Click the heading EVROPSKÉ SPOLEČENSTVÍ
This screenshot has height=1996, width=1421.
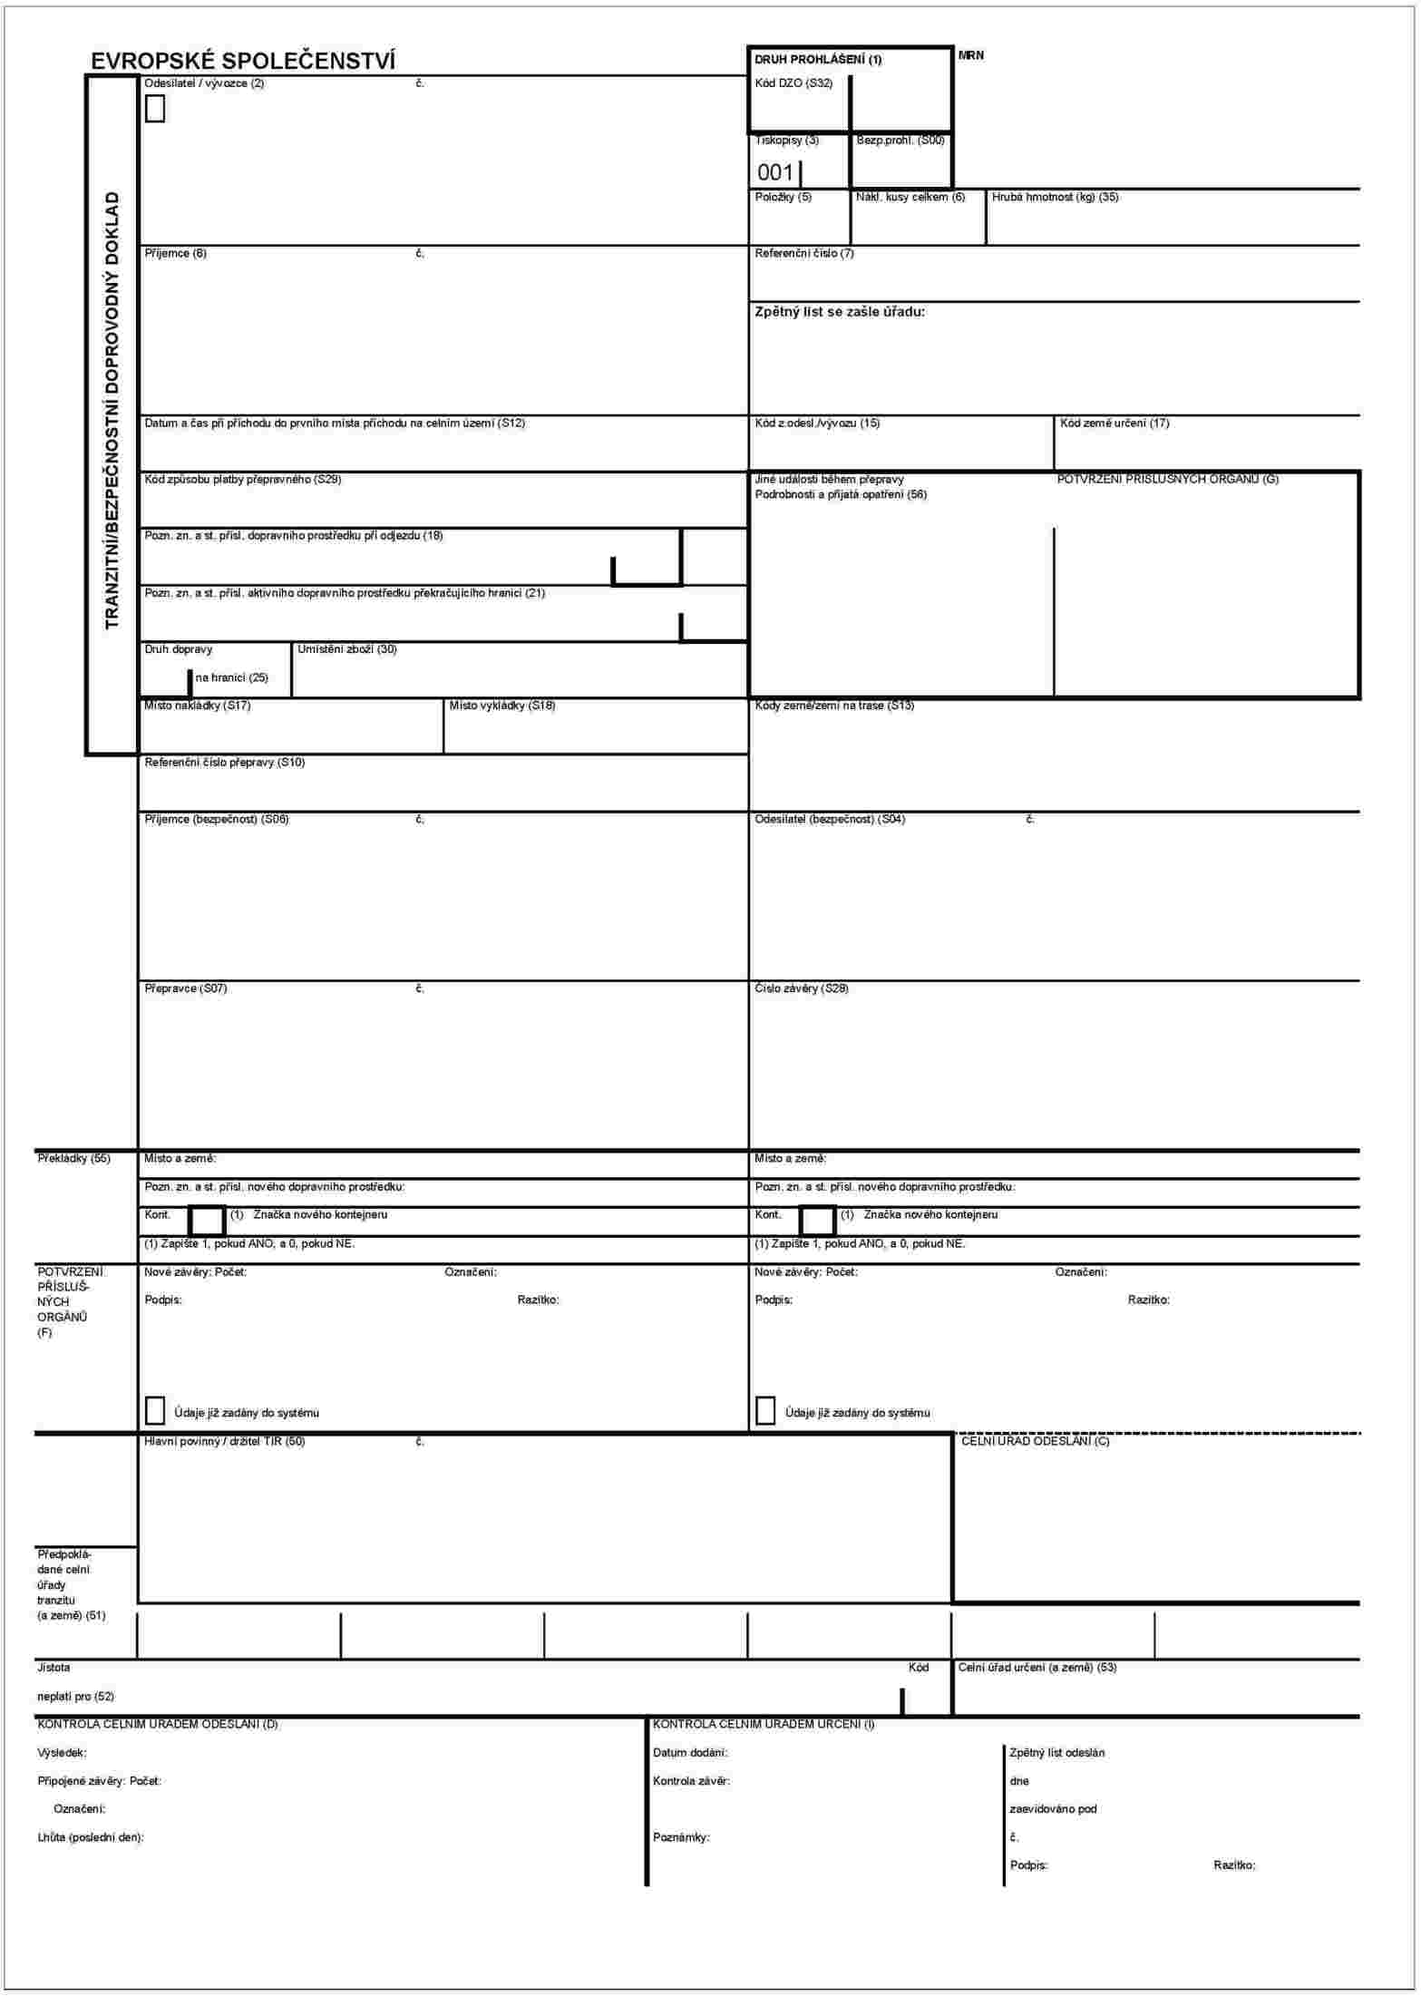[242, 61]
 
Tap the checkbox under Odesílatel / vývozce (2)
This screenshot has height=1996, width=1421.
[155, 109]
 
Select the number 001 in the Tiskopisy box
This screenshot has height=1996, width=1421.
[775, 172]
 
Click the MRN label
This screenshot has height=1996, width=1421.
[970, 55]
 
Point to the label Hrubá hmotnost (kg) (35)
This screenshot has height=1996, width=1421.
[1055, 197]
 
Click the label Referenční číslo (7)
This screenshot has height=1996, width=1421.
[804, 253]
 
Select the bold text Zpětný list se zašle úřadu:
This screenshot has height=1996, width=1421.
[840, 311]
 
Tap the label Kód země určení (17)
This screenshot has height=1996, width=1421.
[1114, 423]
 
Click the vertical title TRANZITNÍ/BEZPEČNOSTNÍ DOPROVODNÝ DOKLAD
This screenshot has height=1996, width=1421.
[112, 410]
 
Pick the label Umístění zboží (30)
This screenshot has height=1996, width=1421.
[347, 649]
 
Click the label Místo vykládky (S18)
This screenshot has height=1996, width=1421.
[502, 706]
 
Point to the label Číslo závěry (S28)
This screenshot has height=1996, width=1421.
[802, 988]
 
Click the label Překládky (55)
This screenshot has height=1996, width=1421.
[73, 1158]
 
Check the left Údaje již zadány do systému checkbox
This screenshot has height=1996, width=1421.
[155, 1411]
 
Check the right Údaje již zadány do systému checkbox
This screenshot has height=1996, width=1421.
[765, 1411]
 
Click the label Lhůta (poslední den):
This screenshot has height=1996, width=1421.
[91, 1837]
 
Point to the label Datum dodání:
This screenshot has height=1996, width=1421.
[690, 1753]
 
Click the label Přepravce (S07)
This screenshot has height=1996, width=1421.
[186, 988]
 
